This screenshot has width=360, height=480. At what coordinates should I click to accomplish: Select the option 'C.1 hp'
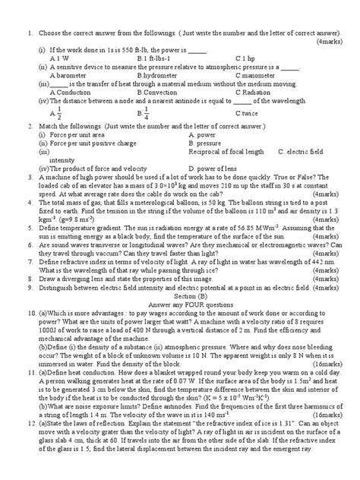click(x=244, y=58)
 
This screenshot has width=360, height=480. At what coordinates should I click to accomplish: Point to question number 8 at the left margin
click(x=28, y=279)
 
